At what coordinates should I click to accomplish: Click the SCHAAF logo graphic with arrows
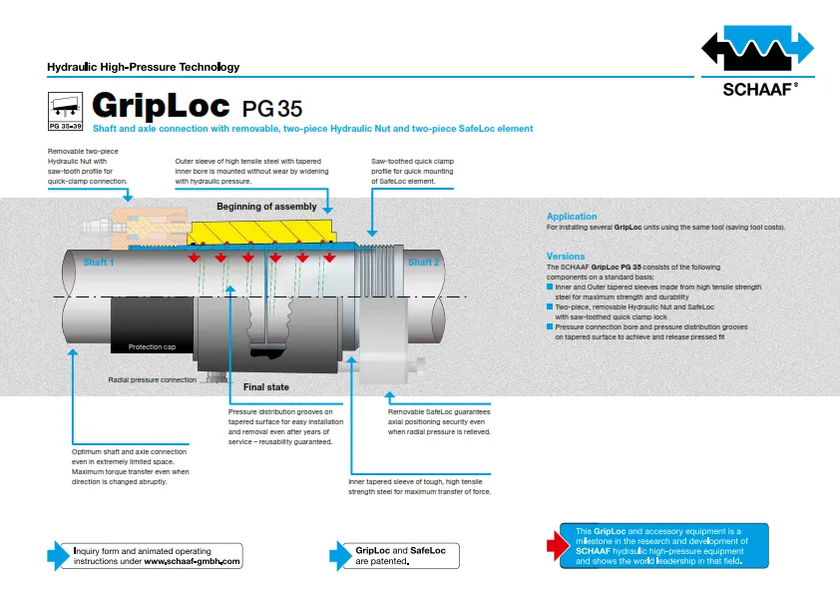(x=757, y=48)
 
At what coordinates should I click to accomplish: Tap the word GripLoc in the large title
(x=161, y=105)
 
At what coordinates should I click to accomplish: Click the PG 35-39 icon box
(x=66, y=112)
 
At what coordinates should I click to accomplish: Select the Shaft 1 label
(x=99, y=263)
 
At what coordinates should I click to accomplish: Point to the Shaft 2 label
(x=424, y=263)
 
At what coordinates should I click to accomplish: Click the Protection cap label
(x=153, y=346)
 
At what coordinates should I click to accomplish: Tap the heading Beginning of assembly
(x=266, y=207)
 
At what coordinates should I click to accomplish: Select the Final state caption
(x=266, y=387)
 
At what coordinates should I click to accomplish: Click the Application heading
(x=572, y=217)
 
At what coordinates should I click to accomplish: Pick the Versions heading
(x=566, y=257)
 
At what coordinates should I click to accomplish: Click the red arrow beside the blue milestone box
(x=559, y=546)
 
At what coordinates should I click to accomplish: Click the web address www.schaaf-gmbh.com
(x=192, y=561)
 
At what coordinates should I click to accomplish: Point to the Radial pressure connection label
(x=153, y=379)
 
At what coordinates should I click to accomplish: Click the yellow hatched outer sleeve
(x=261, y=233)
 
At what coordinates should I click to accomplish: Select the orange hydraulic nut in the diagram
(x=149, y=228)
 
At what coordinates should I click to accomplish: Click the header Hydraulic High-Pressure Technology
(x=143, y=67)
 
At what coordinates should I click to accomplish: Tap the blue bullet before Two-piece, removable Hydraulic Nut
(x=550, y=306)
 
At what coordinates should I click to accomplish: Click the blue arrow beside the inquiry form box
(x=59, y=555)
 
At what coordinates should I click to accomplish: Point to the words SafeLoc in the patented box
(x=428, y=551)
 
